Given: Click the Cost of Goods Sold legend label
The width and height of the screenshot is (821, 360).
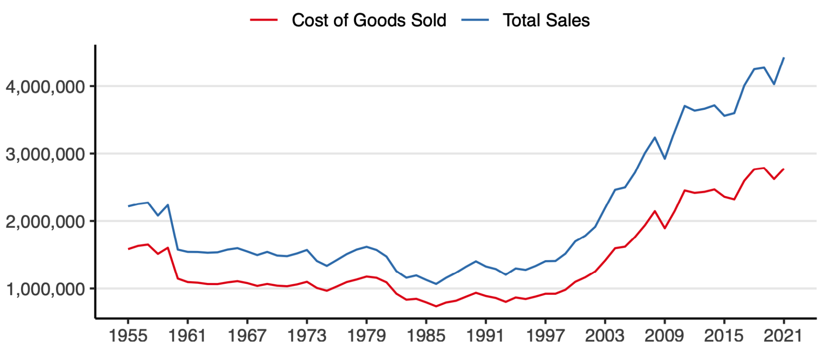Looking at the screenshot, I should click(x=369, y=21).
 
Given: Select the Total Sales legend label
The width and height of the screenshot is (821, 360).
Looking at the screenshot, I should click(x=546, y=21).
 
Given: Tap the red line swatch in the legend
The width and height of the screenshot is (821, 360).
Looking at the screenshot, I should click(x=264, y=20).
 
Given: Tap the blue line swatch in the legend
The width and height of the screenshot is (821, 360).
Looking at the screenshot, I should click(x=475, y=20).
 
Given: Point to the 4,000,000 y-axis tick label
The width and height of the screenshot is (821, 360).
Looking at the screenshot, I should click(x=46, y=87).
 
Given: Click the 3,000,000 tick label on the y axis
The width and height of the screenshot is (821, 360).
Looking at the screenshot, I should click(x=46, y=154).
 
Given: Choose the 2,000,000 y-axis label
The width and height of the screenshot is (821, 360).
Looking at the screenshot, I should click(x=46, y=222).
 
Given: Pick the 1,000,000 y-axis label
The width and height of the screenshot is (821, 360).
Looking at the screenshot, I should click(x=46, y=289).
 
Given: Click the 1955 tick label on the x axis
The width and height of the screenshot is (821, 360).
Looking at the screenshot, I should click(x=128, y=336).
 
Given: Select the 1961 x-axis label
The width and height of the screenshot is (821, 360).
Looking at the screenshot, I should click(x=187, y=336).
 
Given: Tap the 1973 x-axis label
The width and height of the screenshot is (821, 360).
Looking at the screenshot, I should click(x=307, y=336).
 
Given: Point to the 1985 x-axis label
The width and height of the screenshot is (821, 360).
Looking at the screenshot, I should click(x=426, y=336).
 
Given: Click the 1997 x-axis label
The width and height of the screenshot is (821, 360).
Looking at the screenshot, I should click(x=545, y=336).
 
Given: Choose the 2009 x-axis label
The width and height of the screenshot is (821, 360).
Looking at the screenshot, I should click(x=665, y=336).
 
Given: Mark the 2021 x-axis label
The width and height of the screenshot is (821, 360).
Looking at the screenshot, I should click(x=784, y=336).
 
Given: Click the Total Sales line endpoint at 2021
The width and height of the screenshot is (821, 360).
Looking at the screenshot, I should click(x=784, y=58).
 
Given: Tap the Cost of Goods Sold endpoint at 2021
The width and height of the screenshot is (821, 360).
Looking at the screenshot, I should click(x=784, y=169).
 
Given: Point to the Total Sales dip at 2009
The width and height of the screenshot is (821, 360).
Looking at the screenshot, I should click(x=665, y=159).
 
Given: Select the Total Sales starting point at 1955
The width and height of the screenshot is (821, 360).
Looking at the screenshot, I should click(x=128, y=206).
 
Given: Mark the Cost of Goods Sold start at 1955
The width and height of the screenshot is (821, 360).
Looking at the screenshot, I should click(x=128, y=249).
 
